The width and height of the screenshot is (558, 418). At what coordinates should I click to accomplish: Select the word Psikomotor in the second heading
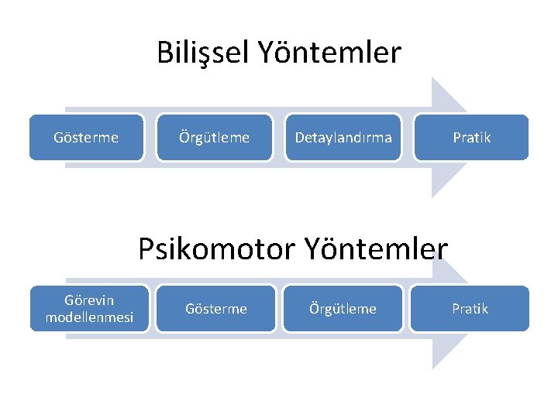click(217, 249)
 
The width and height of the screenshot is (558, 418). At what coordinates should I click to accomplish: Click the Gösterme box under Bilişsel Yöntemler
click(86, 138)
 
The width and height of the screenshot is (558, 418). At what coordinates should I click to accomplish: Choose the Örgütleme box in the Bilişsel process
click(214, 138)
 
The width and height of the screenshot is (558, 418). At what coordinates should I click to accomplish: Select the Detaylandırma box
click(343, 138)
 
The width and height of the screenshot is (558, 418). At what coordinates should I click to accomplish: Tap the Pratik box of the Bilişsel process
click(471, 138)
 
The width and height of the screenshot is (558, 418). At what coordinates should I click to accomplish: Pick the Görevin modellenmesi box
click(89, 309)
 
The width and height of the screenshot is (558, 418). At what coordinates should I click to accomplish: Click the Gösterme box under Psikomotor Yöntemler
click(215, 309)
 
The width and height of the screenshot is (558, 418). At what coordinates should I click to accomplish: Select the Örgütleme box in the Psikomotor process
click(343, 309)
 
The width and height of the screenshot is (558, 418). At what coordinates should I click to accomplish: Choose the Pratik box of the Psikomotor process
click(470, 309)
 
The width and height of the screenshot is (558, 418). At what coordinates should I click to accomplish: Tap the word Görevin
click(89, 300)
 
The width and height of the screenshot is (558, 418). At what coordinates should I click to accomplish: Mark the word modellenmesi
click(89, 317)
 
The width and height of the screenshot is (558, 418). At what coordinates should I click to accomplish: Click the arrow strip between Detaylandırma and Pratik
click(408, 138)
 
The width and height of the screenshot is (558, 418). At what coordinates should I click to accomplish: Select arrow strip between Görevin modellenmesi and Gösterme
click(150, 309)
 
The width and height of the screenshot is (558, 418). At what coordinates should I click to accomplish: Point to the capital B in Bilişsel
click(164, 53)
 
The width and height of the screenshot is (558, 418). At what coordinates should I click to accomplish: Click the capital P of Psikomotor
click(147, 249)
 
